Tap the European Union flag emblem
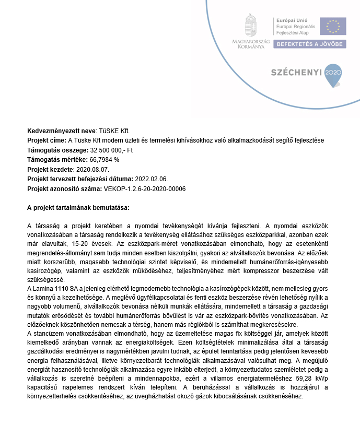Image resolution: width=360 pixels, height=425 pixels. [332, 27]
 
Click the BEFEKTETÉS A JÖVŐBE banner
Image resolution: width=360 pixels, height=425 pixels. [309, 44]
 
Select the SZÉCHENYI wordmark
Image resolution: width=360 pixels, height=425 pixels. [296, 73]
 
